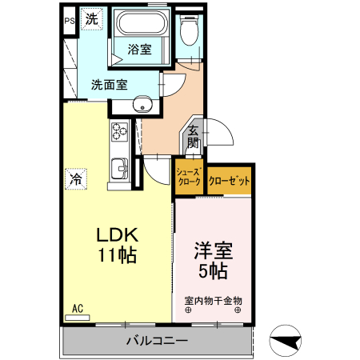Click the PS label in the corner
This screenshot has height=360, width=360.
click(x=69, y=22)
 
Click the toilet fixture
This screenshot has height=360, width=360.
click(x=190, y=32)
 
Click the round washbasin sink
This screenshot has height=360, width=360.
click(x=143, y=104)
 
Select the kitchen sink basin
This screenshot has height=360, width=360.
click(x=120, y=169)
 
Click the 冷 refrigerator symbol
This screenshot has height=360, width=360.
click(x=77, y=179)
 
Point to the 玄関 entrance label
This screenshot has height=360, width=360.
click(x=193, y=138)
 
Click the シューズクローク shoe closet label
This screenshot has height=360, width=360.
click(x=189, y=178)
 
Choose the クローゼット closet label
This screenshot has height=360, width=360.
click(x=229, y=181)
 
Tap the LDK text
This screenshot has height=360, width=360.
click(x=118, y=235)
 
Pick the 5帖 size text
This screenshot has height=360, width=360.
click(x=213, y=271)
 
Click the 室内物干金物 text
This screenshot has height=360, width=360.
click(x=213, y=301)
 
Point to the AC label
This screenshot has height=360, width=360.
click(x=78, y=308)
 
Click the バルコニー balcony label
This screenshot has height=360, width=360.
click(x=157, y=342)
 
